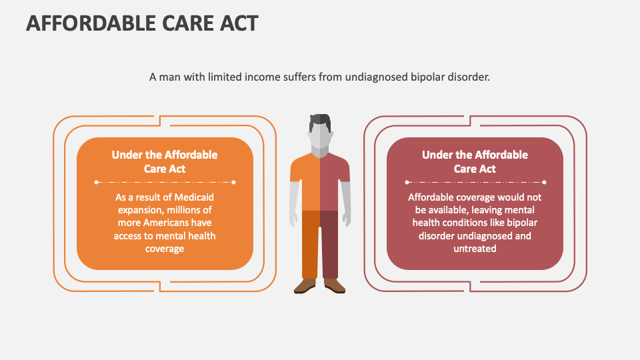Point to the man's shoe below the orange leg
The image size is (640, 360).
tap(305, 285)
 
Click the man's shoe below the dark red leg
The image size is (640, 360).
tap(334, 285)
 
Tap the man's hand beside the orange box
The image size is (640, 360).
tap(293, 218)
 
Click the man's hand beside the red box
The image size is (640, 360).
tap(345, 218)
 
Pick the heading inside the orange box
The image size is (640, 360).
tap(165, 161)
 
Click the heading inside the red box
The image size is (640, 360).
tap(475, 161)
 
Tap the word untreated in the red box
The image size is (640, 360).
tap(475, 248)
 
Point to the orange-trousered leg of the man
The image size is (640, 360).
tap(310, 243)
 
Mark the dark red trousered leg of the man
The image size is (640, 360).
tap(329, 243)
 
